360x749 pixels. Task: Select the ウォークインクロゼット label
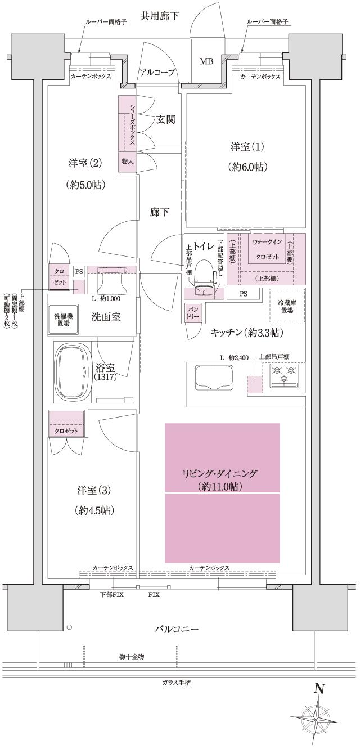267,249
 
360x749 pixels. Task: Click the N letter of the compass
319,688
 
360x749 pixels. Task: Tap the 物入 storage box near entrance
127,161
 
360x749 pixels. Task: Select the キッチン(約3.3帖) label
246,333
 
